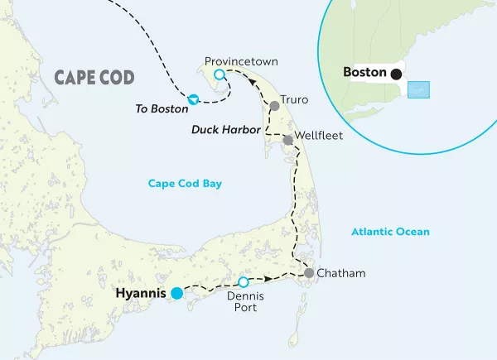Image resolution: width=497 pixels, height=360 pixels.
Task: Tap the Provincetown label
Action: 242,61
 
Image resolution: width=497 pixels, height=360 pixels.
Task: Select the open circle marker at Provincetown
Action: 220,74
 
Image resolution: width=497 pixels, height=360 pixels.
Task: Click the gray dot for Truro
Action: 274,105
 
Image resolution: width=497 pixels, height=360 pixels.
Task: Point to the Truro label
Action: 294,100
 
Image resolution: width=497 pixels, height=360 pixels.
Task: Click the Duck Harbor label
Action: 226,130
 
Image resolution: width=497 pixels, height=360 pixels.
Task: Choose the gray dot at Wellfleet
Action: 287,140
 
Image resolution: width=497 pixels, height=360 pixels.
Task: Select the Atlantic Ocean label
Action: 389,232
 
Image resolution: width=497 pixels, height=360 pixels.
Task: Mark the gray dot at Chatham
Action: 308,273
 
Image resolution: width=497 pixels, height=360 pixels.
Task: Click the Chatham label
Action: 340,273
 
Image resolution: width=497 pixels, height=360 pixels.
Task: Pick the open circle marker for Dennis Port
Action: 244,282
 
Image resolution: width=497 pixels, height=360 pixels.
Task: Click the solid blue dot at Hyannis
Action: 176,292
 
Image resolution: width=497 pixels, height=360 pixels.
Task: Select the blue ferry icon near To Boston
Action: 193,99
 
